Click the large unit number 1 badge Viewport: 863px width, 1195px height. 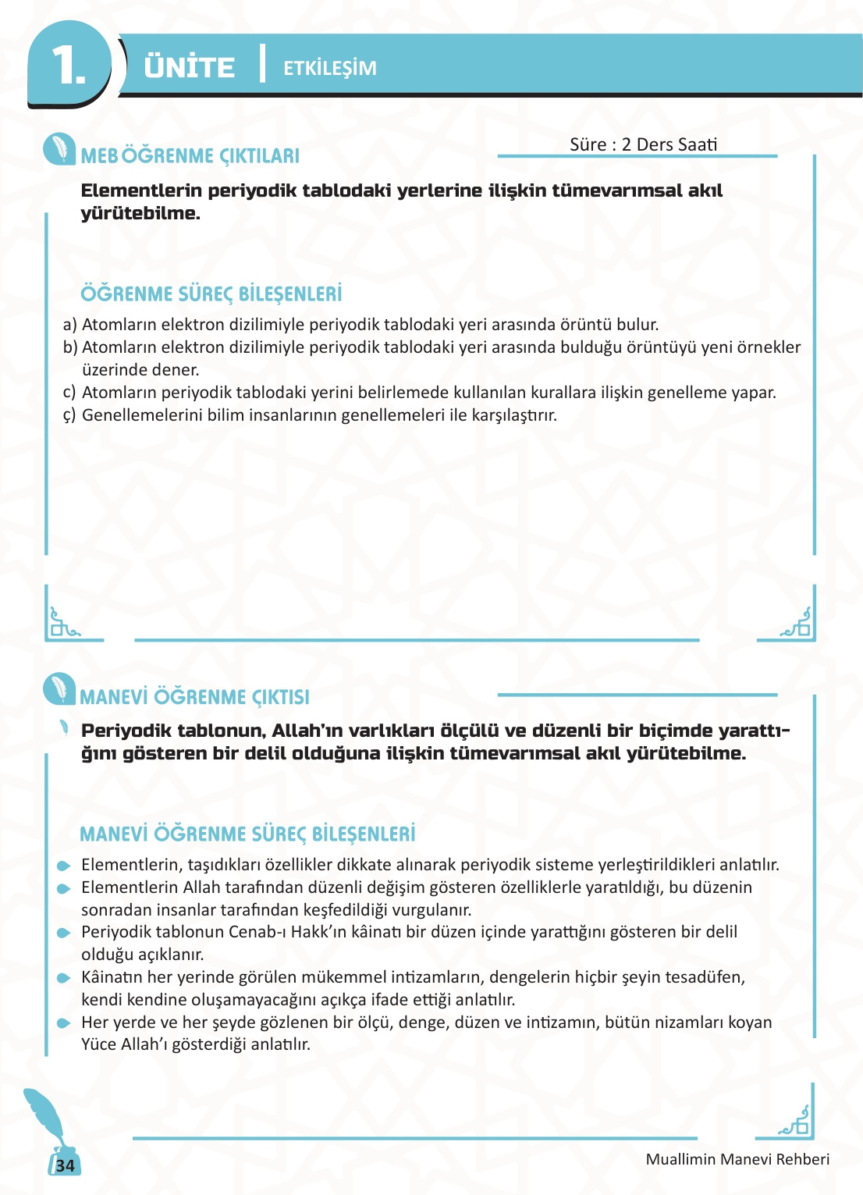click(69, 64)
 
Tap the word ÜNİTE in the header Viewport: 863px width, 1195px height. click(189, 67)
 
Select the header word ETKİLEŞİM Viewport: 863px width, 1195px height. click(329, 68)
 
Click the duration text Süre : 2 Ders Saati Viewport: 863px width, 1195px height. click(643, 144)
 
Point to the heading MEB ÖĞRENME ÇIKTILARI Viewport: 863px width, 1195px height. click(190, 155)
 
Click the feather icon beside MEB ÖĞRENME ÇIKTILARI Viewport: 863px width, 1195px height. click(59, 149)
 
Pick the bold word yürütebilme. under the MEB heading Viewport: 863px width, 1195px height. click(140, 213)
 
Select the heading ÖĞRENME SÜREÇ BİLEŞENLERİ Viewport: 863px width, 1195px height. click(211, 294)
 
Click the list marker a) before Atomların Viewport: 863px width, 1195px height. click(69, 325)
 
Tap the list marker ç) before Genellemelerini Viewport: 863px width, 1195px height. click(69, 415)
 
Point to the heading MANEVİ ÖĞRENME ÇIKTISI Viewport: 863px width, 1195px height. click(194, 697)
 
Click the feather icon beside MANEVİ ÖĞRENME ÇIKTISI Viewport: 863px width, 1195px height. click(59, 688)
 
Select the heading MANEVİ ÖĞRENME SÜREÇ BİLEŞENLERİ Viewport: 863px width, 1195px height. click(247, 834)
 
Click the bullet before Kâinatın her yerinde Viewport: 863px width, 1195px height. click(64, 978)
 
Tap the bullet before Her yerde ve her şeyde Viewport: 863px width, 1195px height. click(64, 1023)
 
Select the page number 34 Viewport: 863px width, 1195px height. click(66, 1165)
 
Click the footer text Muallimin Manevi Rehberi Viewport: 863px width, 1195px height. click(737, 1159)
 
